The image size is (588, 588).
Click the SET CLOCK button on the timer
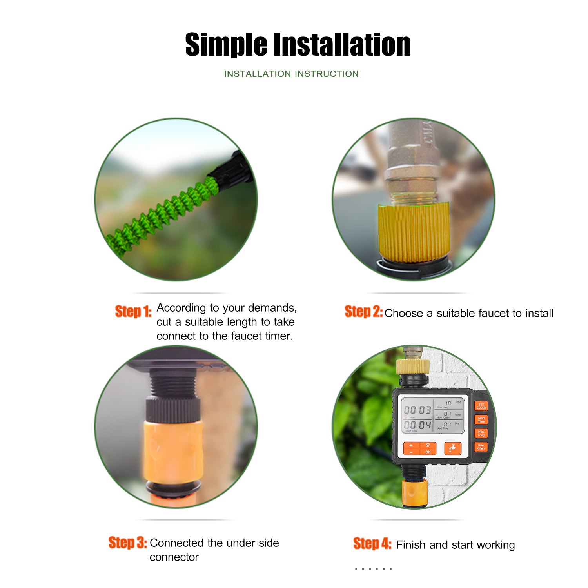[x=481, y=406]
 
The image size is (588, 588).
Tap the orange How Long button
[x=481, y=433]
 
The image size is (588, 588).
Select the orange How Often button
[x=481, y=447]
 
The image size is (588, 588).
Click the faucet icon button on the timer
[x=452, y=448]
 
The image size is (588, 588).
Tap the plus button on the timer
[x=411, y=445]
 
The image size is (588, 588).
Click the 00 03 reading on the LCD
[x=417, y=410]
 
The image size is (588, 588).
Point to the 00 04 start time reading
[x=417, y=425]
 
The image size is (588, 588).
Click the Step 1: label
[x=133, y=311]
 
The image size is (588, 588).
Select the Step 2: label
[x=363, y=312]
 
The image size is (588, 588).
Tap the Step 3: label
[x=127, y=543]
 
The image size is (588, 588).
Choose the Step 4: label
[x=372, y=544]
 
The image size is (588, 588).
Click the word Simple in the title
[x=226, y=45]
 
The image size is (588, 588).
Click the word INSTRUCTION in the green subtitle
[x=327, y=74]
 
